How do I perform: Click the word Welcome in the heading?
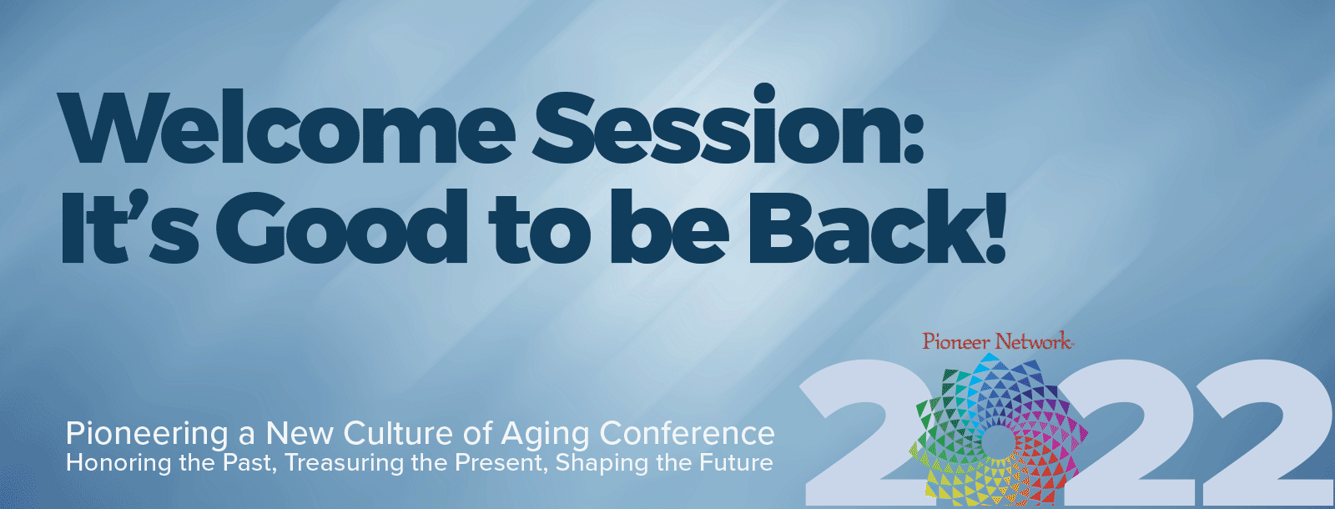coord(286,127)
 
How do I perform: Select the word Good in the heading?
coord(341,227)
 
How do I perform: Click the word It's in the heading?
coord(129,227)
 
